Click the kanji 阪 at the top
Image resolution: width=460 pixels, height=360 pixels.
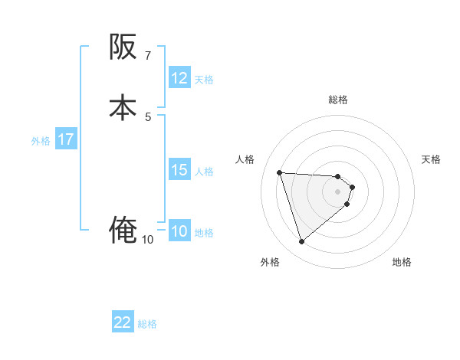(x=123, y=47)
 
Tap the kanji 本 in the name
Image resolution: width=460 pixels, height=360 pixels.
(x=123, y=108)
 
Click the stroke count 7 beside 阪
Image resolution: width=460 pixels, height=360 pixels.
(x=148, y=56)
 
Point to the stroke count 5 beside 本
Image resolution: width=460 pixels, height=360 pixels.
(x=148, y=116)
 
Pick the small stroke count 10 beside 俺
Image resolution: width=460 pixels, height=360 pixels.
(x=147, y=240)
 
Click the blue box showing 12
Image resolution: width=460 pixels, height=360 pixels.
(x=179, y=78)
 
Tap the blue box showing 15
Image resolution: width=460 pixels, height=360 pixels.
(x=179, y=170)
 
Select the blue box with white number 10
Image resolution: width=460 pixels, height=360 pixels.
(x=179, y=232)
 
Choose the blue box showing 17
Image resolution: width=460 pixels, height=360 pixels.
(x=66, y=140)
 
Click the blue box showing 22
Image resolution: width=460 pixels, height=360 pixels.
(x=123, y=323)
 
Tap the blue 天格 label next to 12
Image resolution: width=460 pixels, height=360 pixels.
(x=204, y=79)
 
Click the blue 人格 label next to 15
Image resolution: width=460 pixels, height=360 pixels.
(x=204, y=171)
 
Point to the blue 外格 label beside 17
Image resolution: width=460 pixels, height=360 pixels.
(x=41, y=141)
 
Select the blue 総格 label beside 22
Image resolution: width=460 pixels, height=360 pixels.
(x=147, y=324)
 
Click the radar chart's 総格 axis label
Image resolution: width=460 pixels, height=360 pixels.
(x=338, y=100)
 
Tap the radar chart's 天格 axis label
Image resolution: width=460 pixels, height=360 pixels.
(x=431, y=159)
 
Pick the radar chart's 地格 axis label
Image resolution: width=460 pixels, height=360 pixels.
(x=402, y=262)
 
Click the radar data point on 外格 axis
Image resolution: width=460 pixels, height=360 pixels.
(x=302, y=242)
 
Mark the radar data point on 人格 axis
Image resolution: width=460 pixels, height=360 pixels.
(x=280, y=172)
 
